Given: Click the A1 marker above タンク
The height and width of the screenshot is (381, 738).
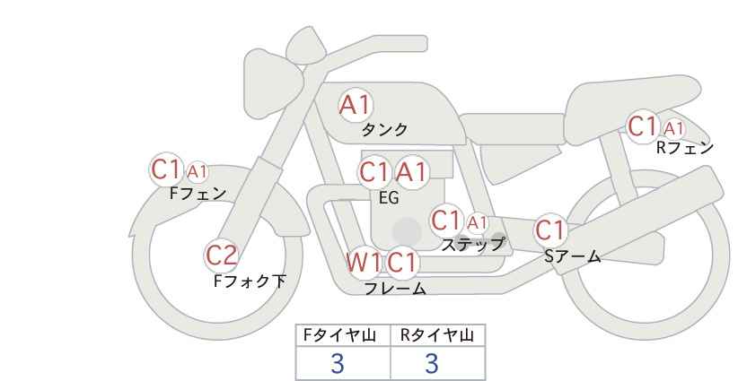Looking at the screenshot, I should point(355,105).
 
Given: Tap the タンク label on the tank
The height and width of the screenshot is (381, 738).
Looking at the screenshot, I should point(384,129).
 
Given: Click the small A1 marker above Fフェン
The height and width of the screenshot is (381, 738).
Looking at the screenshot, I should point(198,170).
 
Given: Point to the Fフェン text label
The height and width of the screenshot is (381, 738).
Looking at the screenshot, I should point(198,193).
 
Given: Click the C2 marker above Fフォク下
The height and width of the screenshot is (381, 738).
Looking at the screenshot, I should point(221,255).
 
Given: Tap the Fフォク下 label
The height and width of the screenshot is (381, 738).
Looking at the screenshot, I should point(250,281).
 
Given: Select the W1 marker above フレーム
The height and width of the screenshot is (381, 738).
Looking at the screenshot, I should point(364,263).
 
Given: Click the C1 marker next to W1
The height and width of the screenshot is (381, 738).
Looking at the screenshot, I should point(402,263).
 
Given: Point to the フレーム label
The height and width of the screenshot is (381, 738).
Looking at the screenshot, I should point(395,289).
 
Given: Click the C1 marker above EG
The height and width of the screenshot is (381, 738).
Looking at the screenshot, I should point(374,172).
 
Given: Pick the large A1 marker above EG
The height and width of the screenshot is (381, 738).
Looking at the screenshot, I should point(412,172).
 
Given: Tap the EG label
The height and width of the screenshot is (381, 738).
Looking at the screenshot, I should point(389,198).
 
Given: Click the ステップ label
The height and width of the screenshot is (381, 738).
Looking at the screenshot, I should point(472,244).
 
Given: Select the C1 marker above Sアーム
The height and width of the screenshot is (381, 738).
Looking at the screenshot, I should point(551,230).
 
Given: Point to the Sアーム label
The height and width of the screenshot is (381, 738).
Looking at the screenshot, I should point(572,256).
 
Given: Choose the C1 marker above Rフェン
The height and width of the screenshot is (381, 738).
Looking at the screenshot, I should point(643,126).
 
